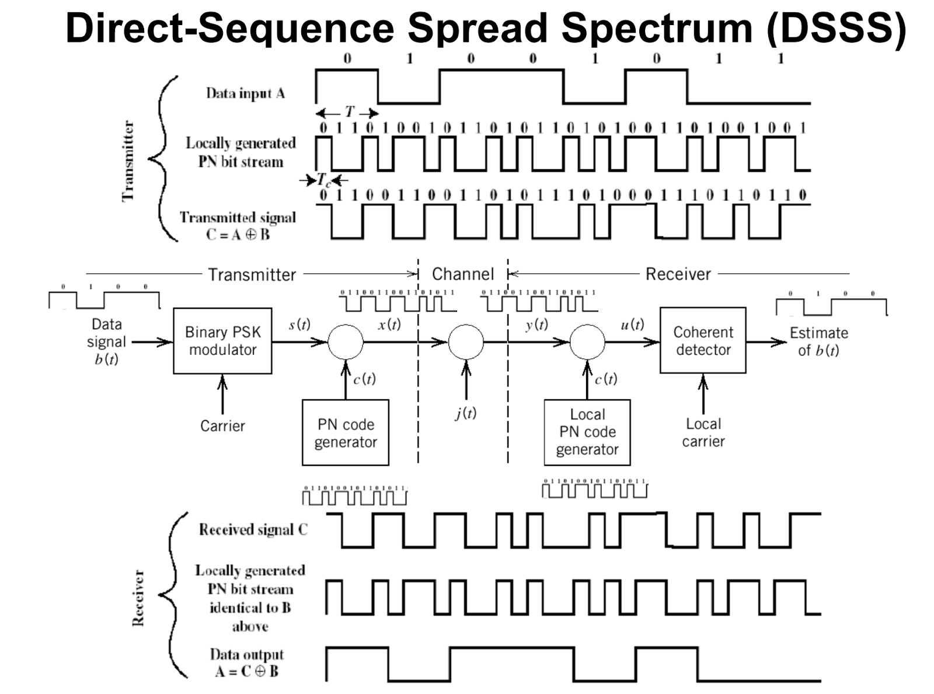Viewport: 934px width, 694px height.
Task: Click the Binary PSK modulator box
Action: point(222,341)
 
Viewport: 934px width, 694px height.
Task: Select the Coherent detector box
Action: point(703,341)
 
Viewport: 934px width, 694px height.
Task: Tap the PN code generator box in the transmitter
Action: point(346,433)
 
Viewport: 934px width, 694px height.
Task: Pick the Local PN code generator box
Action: point(587,433)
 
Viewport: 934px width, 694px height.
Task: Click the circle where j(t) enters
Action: point(466,342)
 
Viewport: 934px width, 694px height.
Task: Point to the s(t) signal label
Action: point(299,325)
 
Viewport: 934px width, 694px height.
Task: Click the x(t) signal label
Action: point(389,325)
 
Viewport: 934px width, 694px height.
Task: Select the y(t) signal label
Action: point(536,325)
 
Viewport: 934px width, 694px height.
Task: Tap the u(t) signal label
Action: point(632,325)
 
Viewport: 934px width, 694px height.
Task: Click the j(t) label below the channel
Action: point(466,413)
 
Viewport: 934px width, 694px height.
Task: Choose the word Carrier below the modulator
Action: point(222,426)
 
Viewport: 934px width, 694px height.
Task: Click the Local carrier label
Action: point(703,433)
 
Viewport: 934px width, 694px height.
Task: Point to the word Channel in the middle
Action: point(463,274)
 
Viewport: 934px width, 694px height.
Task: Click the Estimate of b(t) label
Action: point(818,341)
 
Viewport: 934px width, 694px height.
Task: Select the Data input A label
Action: point(245,93)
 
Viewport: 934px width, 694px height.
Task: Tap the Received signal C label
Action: point(253,530)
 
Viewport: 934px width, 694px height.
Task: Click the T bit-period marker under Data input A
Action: point(348,112)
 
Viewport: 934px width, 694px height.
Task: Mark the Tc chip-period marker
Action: point(323,180)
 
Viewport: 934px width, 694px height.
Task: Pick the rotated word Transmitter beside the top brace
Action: point(128,162)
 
